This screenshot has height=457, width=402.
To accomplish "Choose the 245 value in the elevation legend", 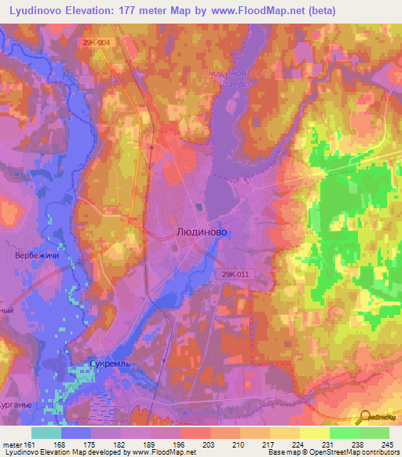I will pyautogui.click(x=386, y=445).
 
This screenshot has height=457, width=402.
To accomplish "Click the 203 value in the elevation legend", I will pyautogui.click(x=209, y=445).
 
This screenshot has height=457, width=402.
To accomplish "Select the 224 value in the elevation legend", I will pyautogui.click(x=298, y=445).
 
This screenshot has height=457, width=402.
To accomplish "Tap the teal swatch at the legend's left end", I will pyautogui.click(x=46, y=433).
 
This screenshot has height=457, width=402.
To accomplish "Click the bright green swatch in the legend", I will pyautogui.click(x=345, y=433).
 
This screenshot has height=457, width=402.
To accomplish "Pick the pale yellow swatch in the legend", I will pyautogui.click(x=315, y=433).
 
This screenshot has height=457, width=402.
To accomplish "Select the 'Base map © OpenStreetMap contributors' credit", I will pyautogui.click(x=331, y=453).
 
